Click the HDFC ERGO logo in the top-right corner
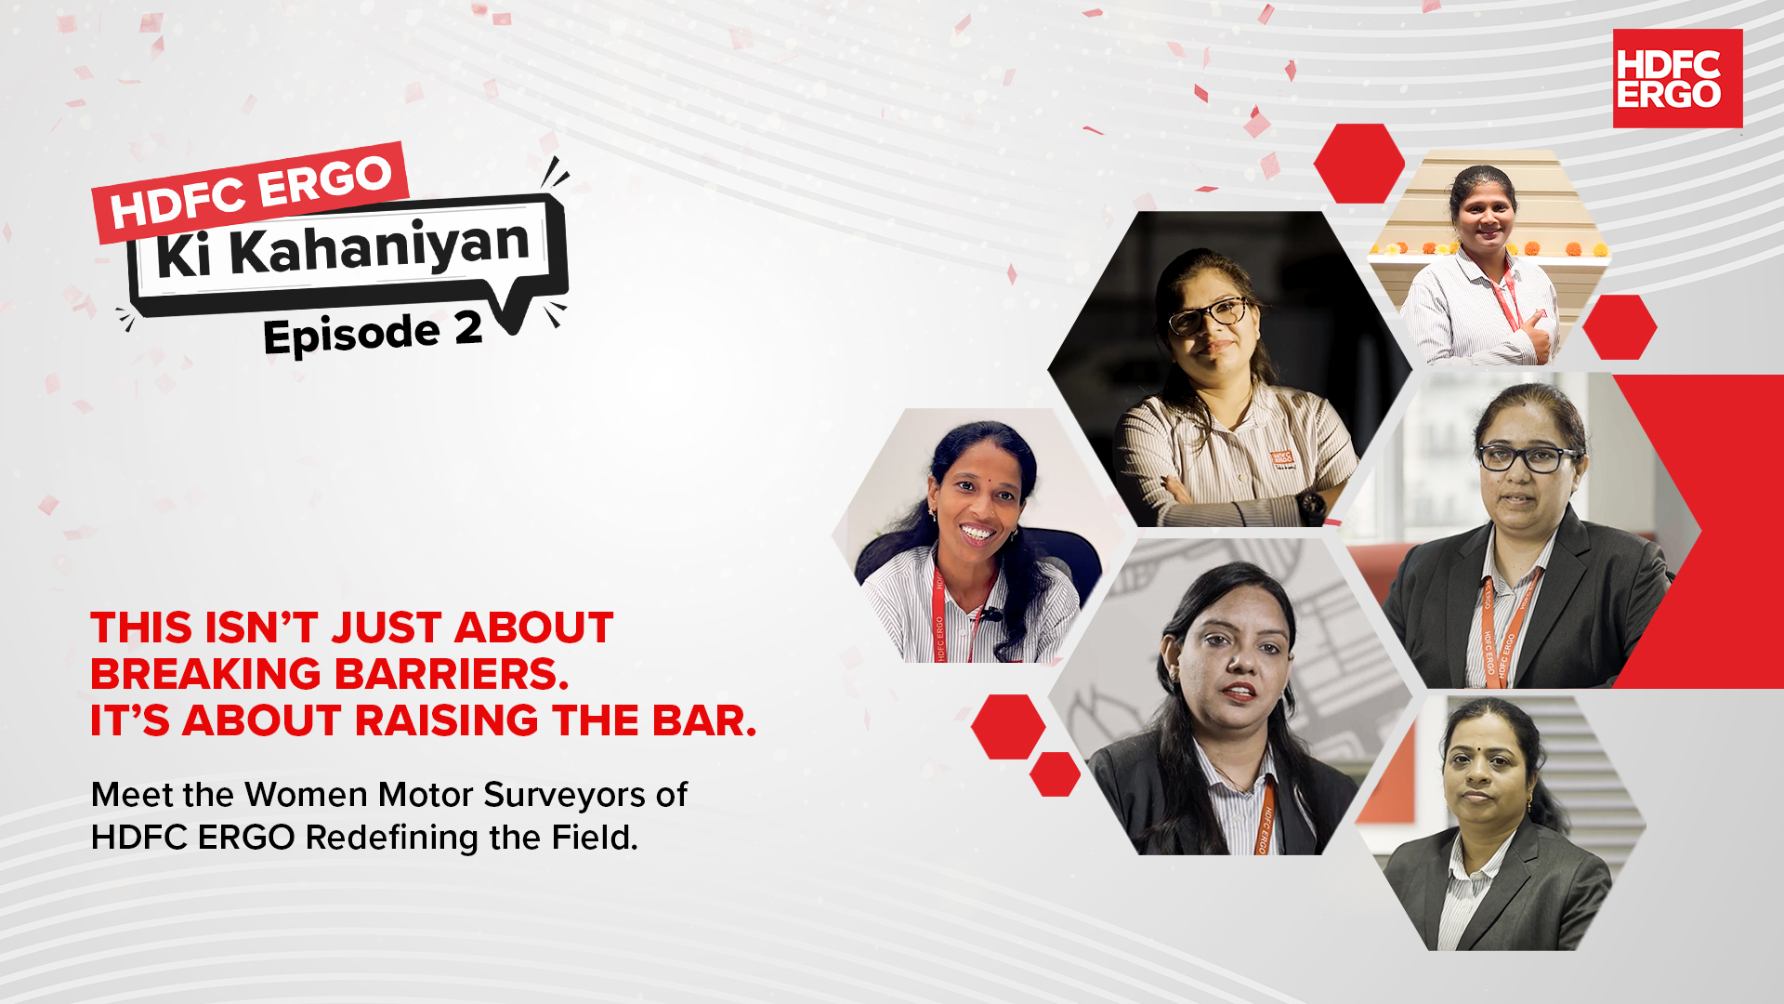[x=1677, y=79]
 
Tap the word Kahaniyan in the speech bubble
[x=379, y=246]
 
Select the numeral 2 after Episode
[x=468, y=328]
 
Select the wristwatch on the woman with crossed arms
[x=1311, y=506]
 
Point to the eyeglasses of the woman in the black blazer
[x=1526, y=457]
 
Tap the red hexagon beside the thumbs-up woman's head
[x=1358, y=164]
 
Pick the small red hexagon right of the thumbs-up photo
[x=1620, y=327]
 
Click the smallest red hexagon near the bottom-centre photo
[x=1055, y=774]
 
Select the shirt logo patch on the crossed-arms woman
[x=1282, y=458]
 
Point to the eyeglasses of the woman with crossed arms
[x=1208, y=315]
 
